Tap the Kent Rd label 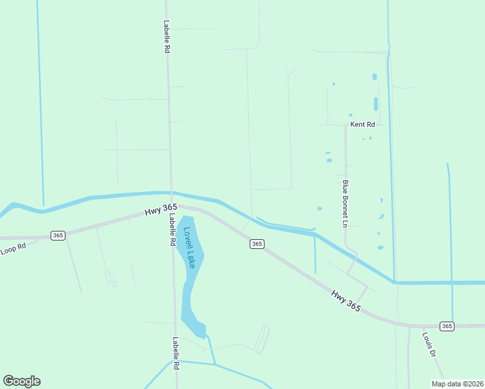[x=362, y=124]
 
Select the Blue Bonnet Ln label [x=346, y=204]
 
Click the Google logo [x=21, y=381]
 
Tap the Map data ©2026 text [x=457, y=384]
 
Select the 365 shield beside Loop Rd [x=58, y=235]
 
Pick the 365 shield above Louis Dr [x=446, y=325]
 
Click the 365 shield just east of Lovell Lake [x=257, y=244]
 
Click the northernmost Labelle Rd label [x=167, y=36]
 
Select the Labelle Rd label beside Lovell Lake [x=173, y=230]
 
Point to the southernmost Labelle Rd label [x=175, y=353]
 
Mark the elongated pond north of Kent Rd [x=375, y=104]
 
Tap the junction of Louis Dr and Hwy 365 [x=409, y=325]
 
